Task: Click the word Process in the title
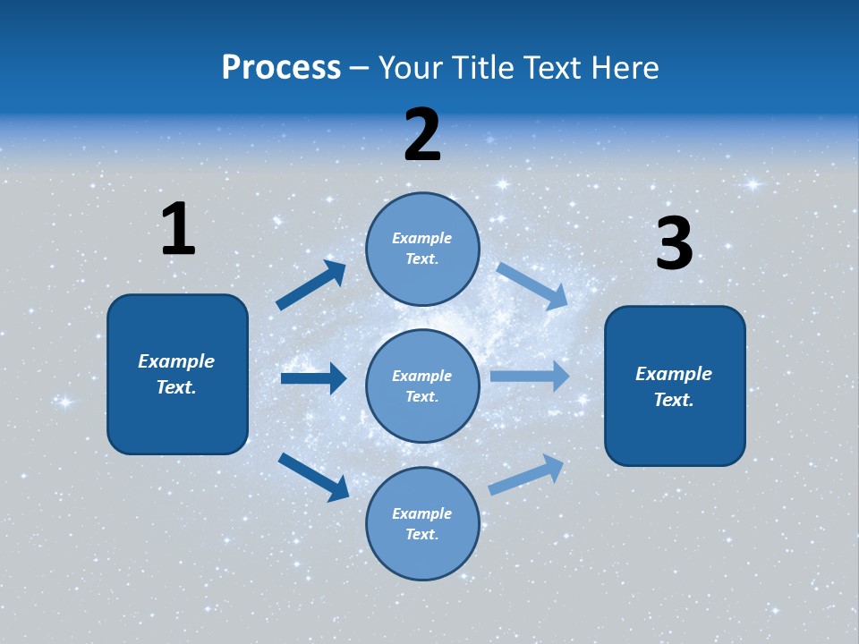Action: pos(281,68)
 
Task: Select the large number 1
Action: pos(178,229)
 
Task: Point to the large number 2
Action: pos(422,135)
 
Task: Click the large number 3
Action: pos(674,244)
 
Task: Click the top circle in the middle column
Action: pos(422,249)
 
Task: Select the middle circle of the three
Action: pos(422,386)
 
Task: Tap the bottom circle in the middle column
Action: pos(422,524)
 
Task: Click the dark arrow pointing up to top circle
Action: pos(311,285)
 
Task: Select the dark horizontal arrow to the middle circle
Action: pos(313,378)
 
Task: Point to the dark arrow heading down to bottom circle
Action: pos(313,477)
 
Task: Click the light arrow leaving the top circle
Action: pos(532,285)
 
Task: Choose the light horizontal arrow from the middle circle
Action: pos(530,377)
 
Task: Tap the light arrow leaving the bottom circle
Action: pos(526,475)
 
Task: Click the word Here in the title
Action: pos(626,68)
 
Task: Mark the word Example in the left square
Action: pos(176,361)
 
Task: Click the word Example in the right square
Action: pos(674,374)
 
